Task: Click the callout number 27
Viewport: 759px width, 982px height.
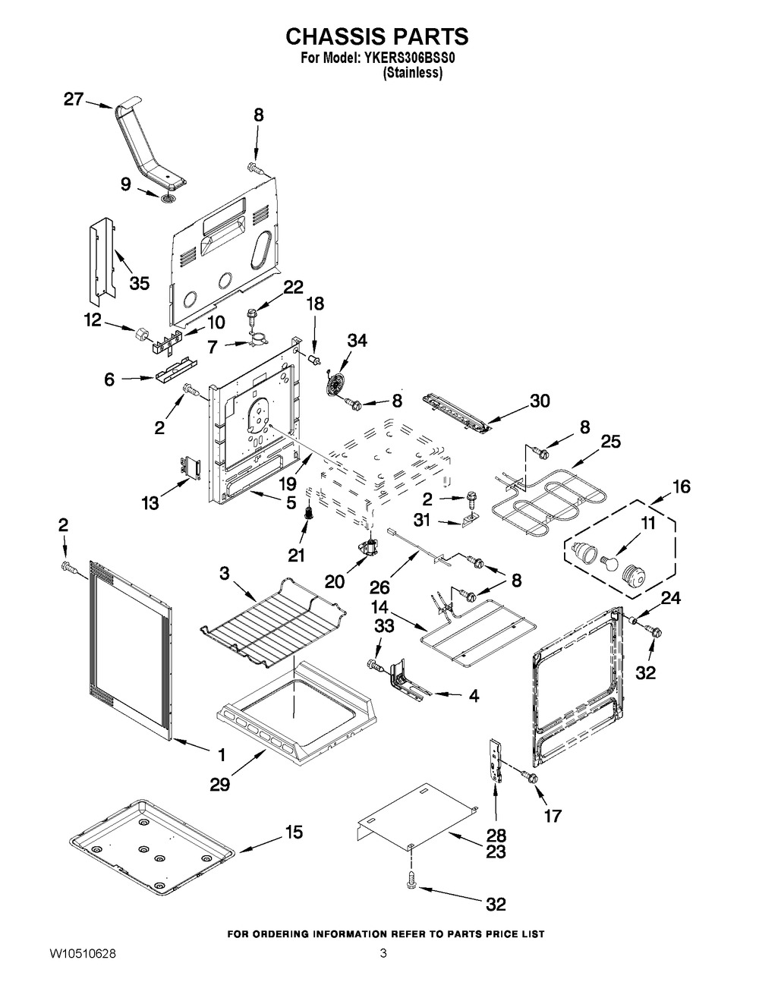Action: point(73,100)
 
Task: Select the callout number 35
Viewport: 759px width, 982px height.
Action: point(140,282)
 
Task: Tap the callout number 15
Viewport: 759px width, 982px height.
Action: point(293,832)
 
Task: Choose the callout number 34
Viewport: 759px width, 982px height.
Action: point(357,341)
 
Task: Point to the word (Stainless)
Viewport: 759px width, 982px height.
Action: point(413,73)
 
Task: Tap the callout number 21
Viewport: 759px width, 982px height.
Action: point(296,556)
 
